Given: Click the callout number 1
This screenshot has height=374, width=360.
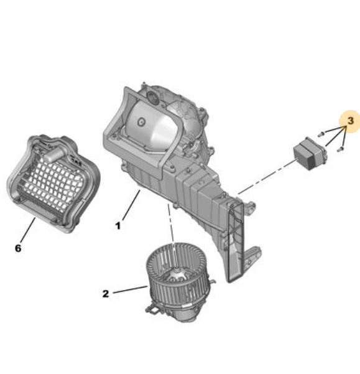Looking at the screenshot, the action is click(x=118, y=226).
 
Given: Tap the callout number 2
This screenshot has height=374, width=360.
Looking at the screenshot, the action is click(x=106, y=294).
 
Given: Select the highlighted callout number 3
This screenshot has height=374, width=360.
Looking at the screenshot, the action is click(x=351, y=121).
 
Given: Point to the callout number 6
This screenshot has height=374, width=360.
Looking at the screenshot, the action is click(x=18, y=248).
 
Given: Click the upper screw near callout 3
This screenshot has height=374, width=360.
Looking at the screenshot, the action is click(x=321, y=134).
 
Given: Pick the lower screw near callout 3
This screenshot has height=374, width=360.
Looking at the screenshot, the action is click(x=341, y=149).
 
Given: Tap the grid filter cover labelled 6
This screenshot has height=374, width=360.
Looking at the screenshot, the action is click(x=53, y=184).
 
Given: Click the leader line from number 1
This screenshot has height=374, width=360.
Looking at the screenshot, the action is click(x=131, y=205).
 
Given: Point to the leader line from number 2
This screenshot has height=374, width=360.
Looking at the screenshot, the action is click(x=130, y=289).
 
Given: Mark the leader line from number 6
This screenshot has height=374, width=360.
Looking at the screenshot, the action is click(x=28, y=230).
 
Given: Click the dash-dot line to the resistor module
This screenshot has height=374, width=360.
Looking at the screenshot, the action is click(x=267, y=177).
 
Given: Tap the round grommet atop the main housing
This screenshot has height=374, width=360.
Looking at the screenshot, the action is click(x=152, y=98).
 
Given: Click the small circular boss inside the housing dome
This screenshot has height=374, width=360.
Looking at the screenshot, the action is click(x=141, y=122).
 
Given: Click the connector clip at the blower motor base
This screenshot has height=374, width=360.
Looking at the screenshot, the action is click(x=152, y=311).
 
